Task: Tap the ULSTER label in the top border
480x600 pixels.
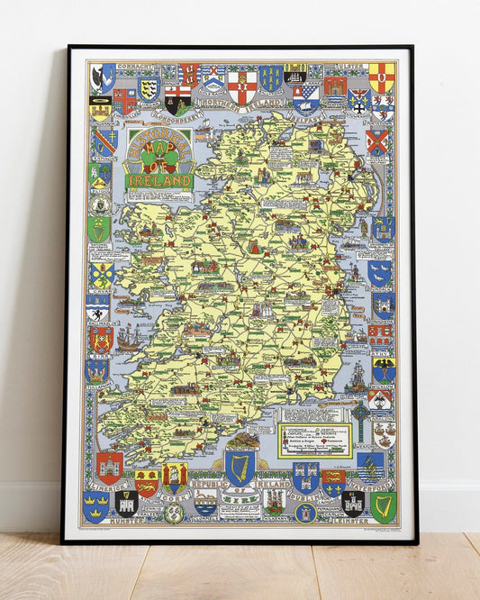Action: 352,68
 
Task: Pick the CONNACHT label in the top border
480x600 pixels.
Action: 137,68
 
